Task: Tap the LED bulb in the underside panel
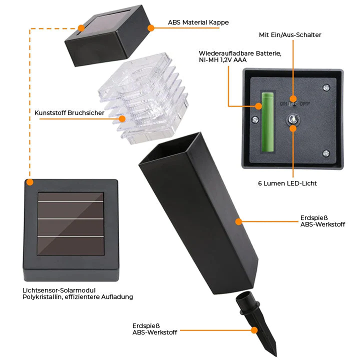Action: click(x=292, y=119)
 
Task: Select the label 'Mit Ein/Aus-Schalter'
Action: click(x=290, y=35)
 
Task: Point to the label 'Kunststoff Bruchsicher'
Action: click(x=69, y=113)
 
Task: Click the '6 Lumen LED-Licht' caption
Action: click(x=287, y=183)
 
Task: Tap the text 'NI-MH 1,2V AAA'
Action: click(x=222, y=60)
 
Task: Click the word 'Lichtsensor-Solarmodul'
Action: click(x=59, y=290)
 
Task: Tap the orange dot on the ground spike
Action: click(x=254, y=330)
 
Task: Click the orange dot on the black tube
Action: click(x=239, y=220)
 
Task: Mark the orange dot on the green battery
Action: click(x=259, y=106)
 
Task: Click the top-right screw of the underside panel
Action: click(x=326, y=87)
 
